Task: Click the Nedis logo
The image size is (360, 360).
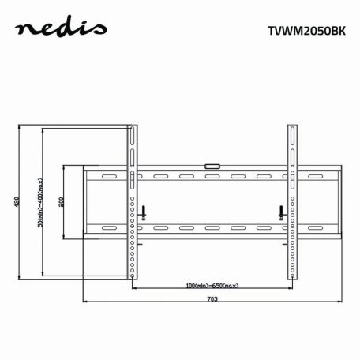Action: click(x=63, y=31)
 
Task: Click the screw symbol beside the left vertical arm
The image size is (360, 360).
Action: click(x=144, y=211)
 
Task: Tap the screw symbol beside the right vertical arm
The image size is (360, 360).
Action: click(x=280, y=211)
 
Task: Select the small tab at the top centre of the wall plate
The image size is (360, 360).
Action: click(x=212, y=165)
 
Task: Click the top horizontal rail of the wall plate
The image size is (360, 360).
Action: click(x=212, y=173)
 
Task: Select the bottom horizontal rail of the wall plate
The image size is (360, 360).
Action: click(x=212, y=230)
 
